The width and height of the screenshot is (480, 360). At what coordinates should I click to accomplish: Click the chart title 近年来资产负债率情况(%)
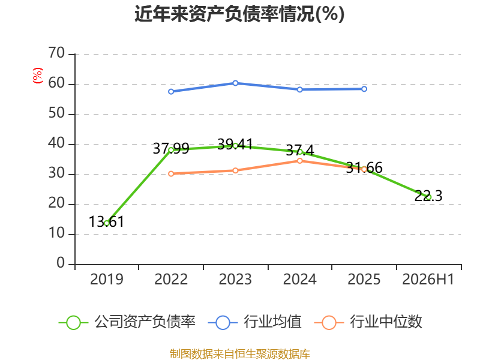pyautogui.click(x=239, y=14)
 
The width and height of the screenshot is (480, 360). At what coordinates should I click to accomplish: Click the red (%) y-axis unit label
pyautogui.click(x=37, y=76)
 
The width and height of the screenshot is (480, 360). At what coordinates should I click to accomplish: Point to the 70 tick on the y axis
pyautogui.click(x=56, y=53)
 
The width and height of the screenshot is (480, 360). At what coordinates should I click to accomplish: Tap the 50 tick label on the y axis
pyautogui.click(x=56, y=113)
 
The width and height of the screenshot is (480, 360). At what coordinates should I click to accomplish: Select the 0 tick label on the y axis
pyautogui.click(x=61, y=263)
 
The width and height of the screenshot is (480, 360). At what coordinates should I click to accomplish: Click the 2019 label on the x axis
pyautogui.click(x=107, y=279)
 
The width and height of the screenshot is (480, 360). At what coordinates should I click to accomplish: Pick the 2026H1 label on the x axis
pyautogui.click(x=428, y=279)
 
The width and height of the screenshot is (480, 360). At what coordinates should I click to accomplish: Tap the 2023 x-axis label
pyautogui.click(x=235, y=279)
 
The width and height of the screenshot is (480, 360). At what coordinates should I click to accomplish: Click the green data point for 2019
pyautogui.click(x=107, y=223)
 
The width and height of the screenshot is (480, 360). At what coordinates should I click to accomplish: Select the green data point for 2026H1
pyautogui.click(x=428, y=197)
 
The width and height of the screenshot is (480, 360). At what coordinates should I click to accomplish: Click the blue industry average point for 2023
pyautogui.click(x=235, y=83)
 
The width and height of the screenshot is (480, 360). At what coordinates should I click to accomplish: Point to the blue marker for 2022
pyautogui.click(x=171, y=92)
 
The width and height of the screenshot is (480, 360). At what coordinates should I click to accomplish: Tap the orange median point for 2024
pyautogui.click(x=299, y=161)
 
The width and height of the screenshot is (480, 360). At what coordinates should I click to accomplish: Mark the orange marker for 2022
pyautogui.click(x=171, y=173)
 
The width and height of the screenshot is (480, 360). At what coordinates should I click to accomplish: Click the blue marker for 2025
pyautogui.click(x=364, y=89)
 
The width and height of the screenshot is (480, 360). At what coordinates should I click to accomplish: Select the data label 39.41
pyautogui.click(x=235, y=144)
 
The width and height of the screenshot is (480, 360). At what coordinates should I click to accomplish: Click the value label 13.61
pyautogui.click(x=107, y=221)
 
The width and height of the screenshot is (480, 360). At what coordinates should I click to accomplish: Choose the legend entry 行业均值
pyautogui.click(x=254, y=322)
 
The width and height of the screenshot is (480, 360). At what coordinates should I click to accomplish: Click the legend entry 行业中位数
pyautogui.click(x=368, y=322)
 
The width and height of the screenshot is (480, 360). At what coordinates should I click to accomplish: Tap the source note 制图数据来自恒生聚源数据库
pyautogui.click(x=240, y=354)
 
